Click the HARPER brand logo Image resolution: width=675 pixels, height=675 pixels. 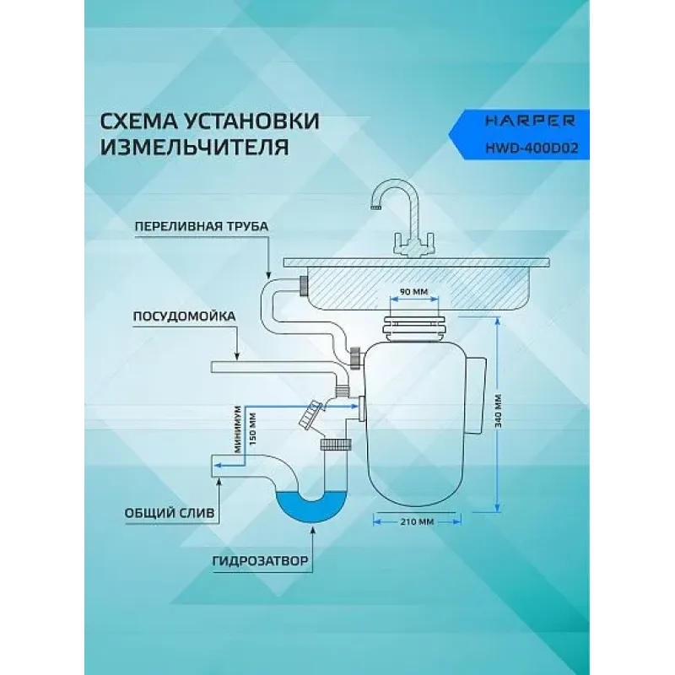(x=530, y=121)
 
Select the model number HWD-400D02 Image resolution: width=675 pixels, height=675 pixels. (x=532, y=148)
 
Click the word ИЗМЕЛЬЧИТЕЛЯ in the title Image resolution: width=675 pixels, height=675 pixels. (x=195, y=147)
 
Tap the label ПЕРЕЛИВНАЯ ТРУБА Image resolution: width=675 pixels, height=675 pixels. (x=202, y=226)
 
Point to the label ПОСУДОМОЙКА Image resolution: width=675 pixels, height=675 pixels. (x=184, y=316)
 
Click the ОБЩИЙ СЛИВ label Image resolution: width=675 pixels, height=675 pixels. (x=170, y=513)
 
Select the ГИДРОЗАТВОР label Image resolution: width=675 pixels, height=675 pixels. (x=261, y=561)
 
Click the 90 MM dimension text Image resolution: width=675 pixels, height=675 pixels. (x=414, y=291)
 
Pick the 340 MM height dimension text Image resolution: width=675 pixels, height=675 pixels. (x=499, y=411)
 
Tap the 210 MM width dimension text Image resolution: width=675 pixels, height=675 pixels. (x=417, y=521)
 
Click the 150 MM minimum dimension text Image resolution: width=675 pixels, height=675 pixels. (x=252, y=429)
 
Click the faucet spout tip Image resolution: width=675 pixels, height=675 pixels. (x=375, y=207)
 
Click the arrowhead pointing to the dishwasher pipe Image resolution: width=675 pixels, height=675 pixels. (x=236, y=356)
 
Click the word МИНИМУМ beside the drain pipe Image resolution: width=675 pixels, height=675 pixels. (x=237, y=429)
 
